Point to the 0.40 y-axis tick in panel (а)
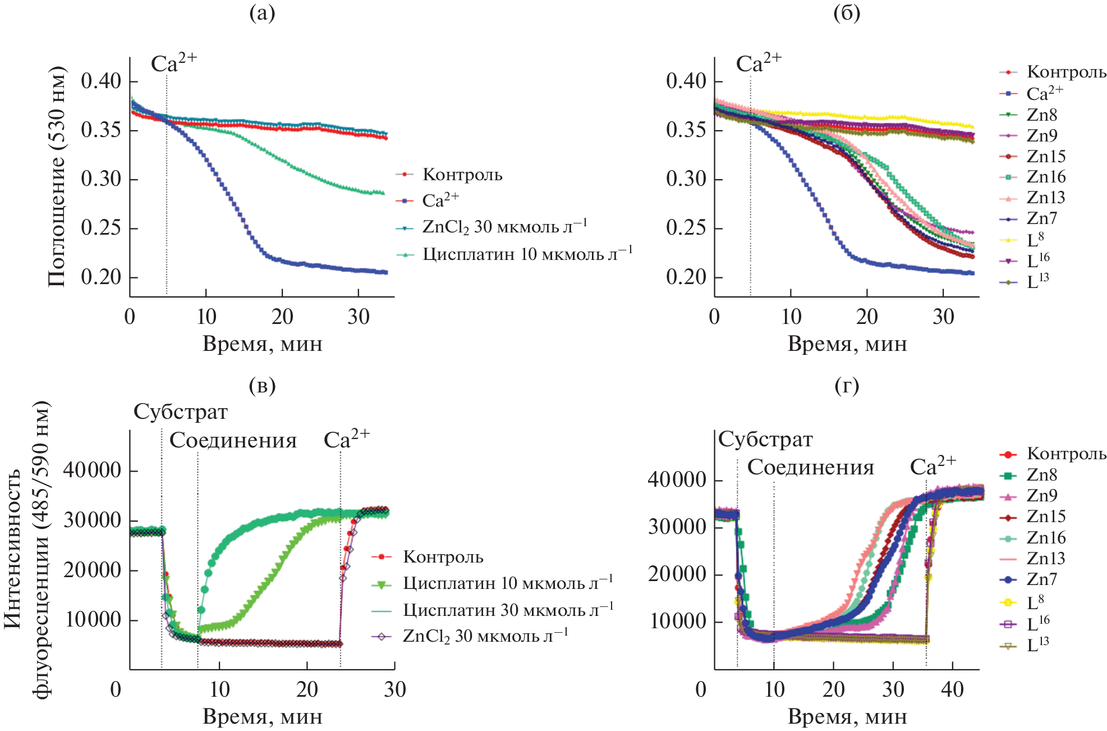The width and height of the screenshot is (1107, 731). pyautogui.click(x=101, y=81)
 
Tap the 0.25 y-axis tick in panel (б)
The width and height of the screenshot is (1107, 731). pyautogui.click(x=686, y=229)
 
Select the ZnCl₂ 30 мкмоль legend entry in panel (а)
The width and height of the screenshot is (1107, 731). pyautogui.click(x=505, y=227)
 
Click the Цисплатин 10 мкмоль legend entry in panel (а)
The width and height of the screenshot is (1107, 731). pyautogui.click(x=527, y=254)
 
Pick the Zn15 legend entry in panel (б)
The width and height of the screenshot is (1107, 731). pyautogui.click(x=1046, y=157)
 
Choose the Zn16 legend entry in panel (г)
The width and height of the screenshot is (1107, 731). pyautogui.click(x=1046, y=538)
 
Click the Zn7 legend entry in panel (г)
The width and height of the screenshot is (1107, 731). pyautogui.click(x=1042, y=579)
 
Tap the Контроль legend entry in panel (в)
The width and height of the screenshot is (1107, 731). pyautogui.click(x=443, y=557)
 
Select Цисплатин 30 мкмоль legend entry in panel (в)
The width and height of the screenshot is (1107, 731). pyautogui.click(x=508, y=610)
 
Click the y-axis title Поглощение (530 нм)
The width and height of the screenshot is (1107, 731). pyautogui.click(x=57, y=177)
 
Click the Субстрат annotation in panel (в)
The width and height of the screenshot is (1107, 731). pyautogui.click(x=181, y=412)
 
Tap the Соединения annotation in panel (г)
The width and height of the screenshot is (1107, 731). pyautogui.click(x=811, y=467)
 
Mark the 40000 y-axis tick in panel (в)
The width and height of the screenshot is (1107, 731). pyautogui.click(x=93, y=470)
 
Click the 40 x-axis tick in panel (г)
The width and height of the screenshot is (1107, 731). pyautogui.click(x=952, y=689)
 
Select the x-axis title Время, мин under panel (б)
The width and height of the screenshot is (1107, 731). pyautogui.click(x=847, y=344)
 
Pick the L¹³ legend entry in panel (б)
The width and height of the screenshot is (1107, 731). pyautogui.click(x=1037, y=282)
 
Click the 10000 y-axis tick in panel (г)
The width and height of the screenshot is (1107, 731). pyautogui.click(x=677, y=622)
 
